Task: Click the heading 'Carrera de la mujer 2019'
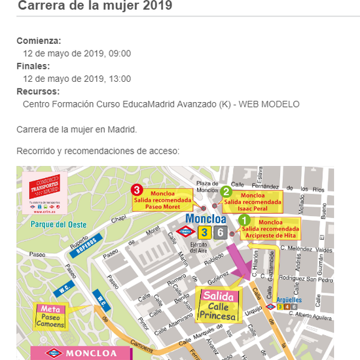(x=95, y=7)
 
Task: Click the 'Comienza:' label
(x=39, y=41)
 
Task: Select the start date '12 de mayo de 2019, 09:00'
(x=77, y=53)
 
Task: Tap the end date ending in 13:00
(x=77, y=79)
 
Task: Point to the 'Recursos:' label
(x=38, y=92)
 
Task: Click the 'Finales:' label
(x=33, y=66)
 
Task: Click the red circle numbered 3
(x=137, y=190)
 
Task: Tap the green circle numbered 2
(x=226, y=191)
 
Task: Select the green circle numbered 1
(x=243, y=221)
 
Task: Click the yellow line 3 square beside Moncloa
(x=205, y=232)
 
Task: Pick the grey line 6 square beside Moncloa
(x=221, y=232)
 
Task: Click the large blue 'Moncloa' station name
(x=207, y=218)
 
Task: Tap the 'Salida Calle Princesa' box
(x=218, y=306)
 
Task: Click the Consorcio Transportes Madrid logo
(x=45, y=190)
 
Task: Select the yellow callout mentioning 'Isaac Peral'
(x=253, y=200)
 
